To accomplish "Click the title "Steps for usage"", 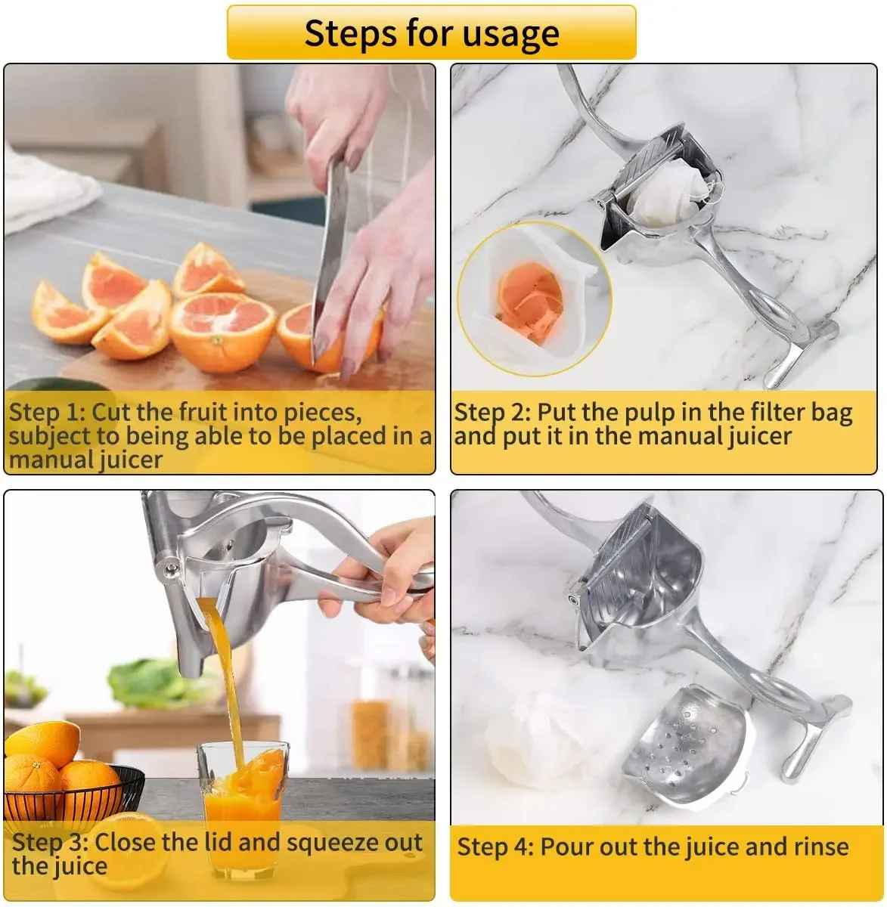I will coord(431,33).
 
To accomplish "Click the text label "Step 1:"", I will coord(47,413).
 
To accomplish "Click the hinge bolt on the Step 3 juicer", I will coord(171,567).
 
